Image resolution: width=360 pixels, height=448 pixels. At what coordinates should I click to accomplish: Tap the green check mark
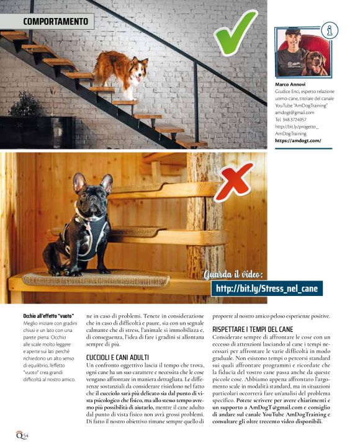(234, 32)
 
